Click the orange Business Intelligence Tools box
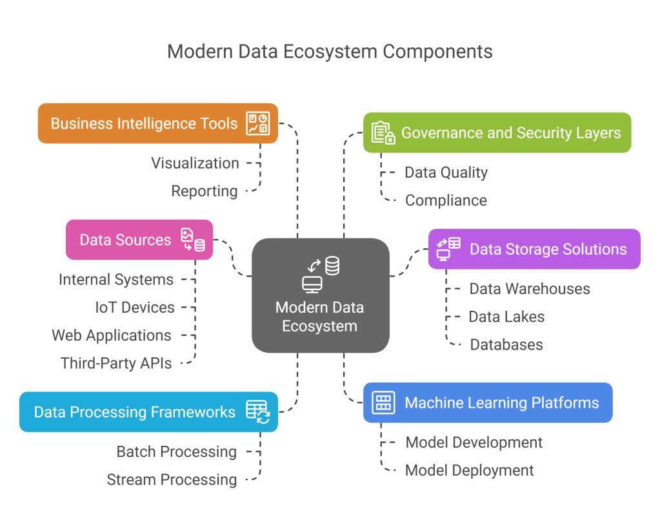pos(157,123)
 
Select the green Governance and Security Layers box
pos(496,132)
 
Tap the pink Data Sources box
pos(139,240)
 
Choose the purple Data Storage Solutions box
pos(534,249)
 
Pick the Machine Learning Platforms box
pos(487,403)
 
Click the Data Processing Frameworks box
pos(148,412)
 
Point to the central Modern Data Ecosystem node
pos(320,295)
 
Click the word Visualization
pos(195,163)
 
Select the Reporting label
pos(205,191)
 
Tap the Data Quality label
pos(446,173)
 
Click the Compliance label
pos(446,200)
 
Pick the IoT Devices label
pos(135,307)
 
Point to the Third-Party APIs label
pos(117,363)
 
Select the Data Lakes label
pos(506,317)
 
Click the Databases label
pos(506,344)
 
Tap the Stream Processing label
pos(172,479)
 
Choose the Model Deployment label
pos(469,470)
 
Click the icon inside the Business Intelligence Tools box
pos(258,123)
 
